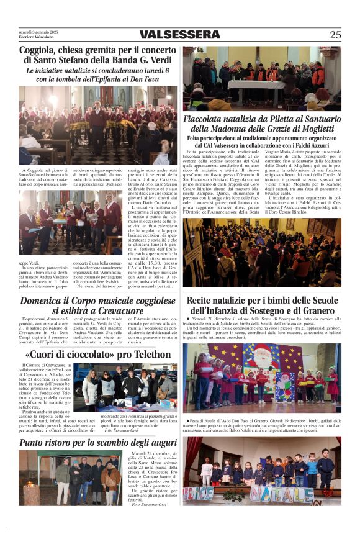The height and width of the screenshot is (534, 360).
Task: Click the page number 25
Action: (x=335, y=35)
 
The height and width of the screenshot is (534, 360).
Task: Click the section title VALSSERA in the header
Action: (x=179, y=35)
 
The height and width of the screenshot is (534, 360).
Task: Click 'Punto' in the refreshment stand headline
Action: (x=38, y=443)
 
